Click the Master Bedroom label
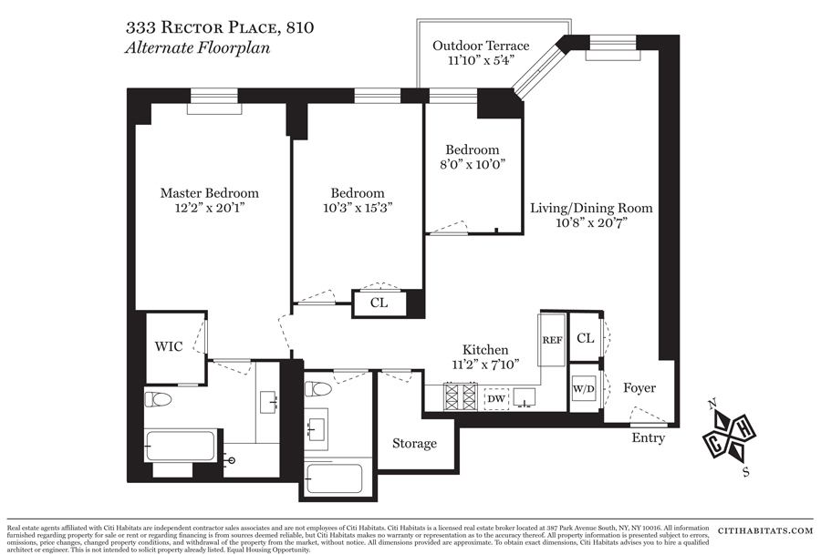[209, 192]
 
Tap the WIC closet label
[168, 346]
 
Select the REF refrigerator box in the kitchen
[553, 339]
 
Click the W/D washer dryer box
[584, 389]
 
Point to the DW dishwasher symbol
[496, 398]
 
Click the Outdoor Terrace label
[481, 46]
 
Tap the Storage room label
[414, 444]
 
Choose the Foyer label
[639, 388]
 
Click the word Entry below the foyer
[650, 439]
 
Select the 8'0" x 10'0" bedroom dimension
[472, 165]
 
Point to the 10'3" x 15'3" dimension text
[357, 208]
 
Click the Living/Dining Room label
[591, 208]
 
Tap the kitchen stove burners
[460, 397]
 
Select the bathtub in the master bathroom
[180, 447]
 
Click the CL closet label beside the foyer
[585, 338]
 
